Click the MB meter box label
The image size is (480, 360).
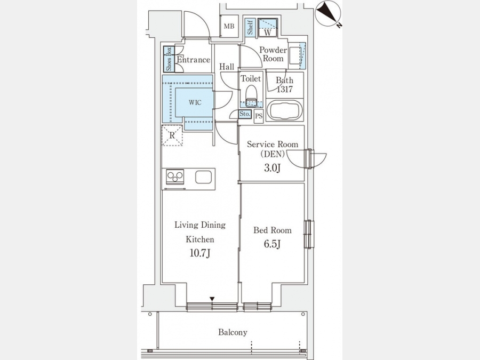(x=229, y=26)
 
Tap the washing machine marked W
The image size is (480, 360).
(x=268, y=28)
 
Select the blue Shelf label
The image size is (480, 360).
(x=250, y=27)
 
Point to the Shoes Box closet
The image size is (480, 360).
(x=169, y=59)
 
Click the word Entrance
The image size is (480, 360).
(x=194, y=59)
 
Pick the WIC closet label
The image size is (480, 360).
(x=195, y=102)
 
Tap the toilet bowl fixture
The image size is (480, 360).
(x=251, y=96)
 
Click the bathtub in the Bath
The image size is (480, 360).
(x=284, y=110)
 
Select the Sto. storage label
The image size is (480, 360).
(x=245, y=114)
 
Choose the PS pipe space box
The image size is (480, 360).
(x=259, y=116)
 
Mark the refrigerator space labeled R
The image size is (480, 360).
(x=172, y=135)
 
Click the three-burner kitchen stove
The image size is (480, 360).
(x=175, y=177)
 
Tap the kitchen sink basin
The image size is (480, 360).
(x=204, y=177)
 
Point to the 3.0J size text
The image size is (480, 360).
(x=273, y=168)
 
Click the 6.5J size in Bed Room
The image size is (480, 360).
(x=273, y=244)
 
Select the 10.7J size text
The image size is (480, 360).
(x=200, y=253)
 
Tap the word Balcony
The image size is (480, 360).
(x=233, y=332)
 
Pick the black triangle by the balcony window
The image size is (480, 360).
(x=212, y=299)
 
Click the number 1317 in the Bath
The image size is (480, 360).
(x=285, y=89)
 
